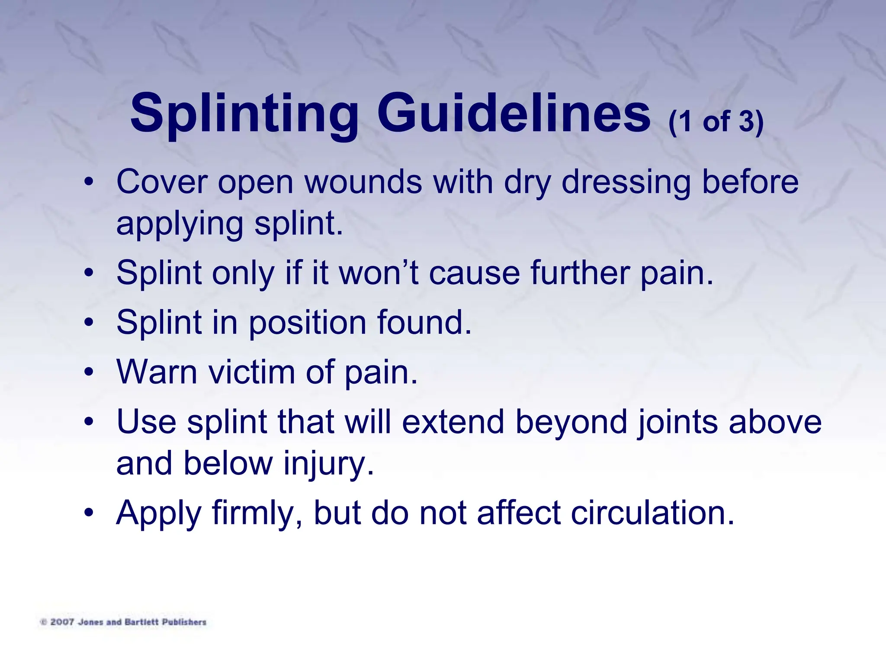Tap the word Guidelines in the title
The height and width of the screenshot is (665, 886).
pyautogui.click(x=514, y=111)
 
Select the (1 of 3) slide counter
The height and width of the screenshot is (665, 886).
pyautogui.click(x=716, y=122)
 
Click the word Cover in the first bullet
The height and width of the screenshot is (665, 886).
pyautogui.click(x=162, y=182)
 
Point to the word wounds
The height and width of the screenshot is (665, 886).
pyautogui.click(x=363, y=182)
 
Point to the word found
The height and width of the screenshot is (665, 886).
pyautogui.click(x=424, y=323)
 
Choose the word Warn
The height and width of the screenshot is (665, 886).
pyautogui.click(x=157, y=372)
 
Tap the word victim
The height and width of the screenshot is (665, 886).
pyautogui.click(x=252, y=372)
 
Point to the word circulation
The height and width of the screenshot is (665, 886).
pyautogui.click(x=652, y=513)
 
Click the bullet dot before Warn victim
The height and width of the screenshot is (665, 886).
pyautogui.click(x=89, y=372)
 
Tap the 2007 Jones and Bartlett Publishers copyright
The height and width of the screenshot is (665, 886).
pyautogui.click(x=123, y=622)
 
